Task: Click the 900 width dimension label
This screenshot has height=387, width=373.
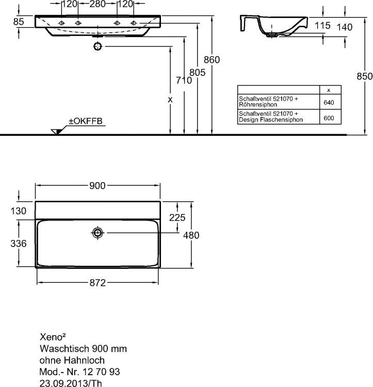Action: click(x=98, y=186)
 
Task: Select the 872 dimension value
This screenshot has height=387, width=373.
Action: click(x=98, y=283)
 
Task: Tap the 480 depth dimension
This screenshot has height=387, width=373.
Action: click(x=191, y=235)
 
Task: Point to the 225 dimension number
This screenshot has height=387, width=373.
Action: click(x=177, y=217)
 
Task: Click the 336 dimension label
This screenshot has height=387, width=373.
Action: click(x=19, y=244)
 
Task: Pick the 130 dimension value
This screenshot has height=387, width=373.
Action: click(x=18, y=211)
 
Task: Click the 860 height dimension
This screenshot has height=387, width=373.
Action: click(x=212, y=60)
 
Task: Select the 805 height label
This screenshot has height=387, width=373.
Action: click(x=198, y=73)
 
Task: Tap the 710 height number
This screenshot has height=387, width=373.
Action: click(x=184, y=80)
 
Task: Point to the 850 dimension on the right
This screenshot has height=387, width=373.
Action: click(x=365, y=76)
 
